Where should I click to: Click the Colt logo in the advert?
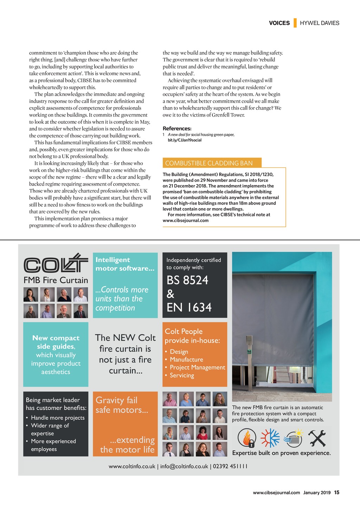coord(56,263)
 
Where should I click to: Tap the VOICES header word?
coord(279,23)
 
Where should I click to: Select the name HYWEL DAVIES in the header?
coord(320,23)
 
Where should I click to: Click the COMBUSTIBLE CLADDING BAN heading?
coord(209,163)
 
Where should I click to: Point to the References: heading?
coord(177,129)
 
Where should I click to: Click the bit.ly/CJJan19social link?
coord(185,140)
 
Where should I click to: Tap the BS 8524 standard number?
coord(187,280)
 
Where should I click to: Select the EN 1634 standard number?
coord(189,308)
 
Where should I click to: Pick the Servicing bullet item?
coord(182,375)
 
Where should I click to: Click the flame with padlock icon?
coord(247,438)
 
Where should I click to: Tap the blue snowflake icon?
coord(270,438)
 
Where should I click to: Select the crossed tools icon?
coord(317,438)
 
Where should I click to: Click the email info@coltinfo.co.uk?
coord(184,466)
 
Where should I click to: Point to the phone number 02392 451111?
coord(230,466)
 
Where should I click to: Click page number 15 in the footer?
coord(337,492)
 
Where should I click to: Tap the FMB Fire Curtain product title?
coord(56,280)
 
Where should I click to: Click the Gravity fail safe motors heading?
coord(122,405)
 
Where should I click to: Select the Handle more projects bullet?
coord(58,418)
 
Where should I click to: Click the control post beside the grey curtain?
coord(249,362)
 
